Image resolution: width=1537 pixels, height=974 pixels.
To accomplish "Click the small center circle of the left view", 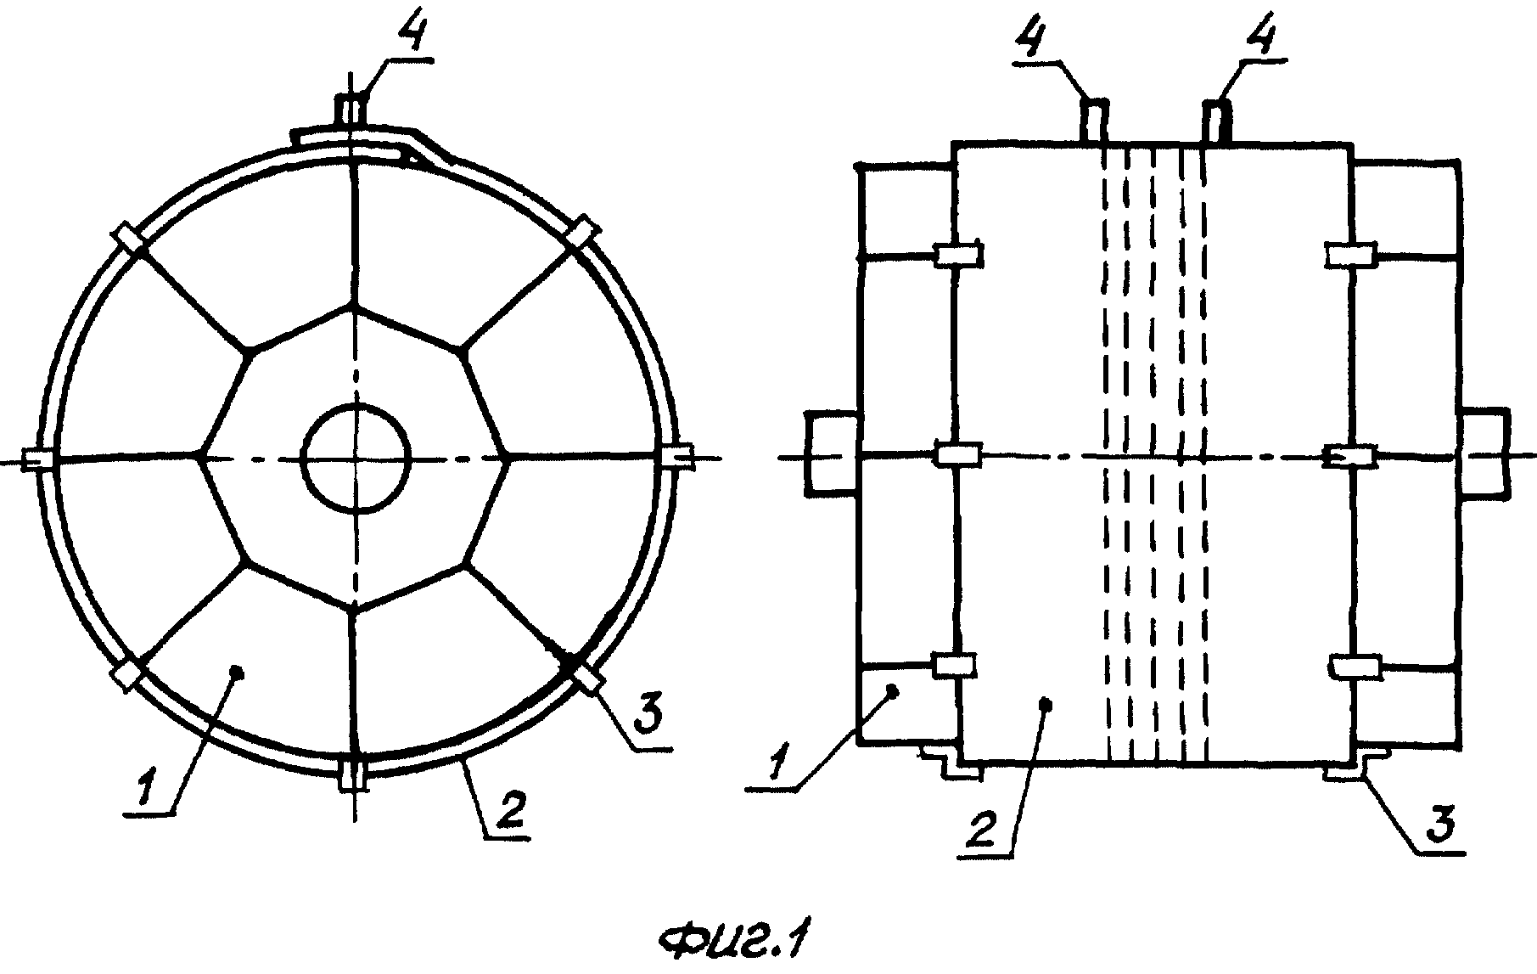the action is [x=356, y=459].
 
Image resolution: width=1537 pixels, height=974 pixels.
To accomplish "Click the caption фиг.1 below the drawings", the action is [x=734, y=942].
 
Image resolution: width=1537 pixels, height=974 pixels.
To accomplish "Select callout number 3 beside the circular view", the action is [x=646, y=718].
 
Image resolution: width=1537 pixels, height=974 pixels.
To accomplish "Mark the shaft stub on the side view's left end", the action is [x=831, y=453].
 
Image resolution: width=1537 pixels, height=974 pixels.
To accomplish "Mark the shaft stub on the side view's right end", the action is [x=1484, y=453].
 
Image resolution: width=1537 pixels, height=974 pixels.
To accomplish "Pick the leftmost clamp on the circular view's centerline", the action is [x=37, y=459].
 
